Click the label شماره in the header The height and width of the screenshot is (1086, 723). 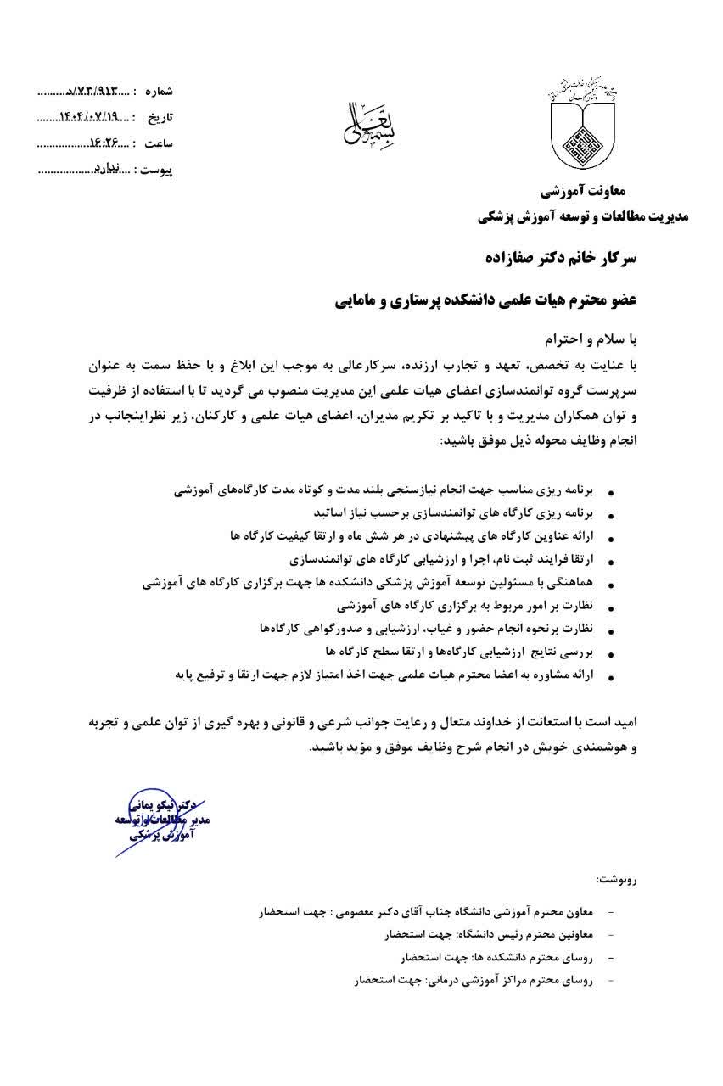coord(159,90)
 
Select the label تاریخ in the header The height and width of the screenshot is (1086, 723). coord(161,116)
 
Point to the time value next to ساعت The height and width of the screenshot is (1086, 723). coord(105,142)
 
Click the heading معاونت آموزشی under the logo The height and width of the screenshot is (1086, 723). coord(592,193)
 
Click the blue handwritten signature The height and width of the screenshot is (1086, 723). coord(161,818)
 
